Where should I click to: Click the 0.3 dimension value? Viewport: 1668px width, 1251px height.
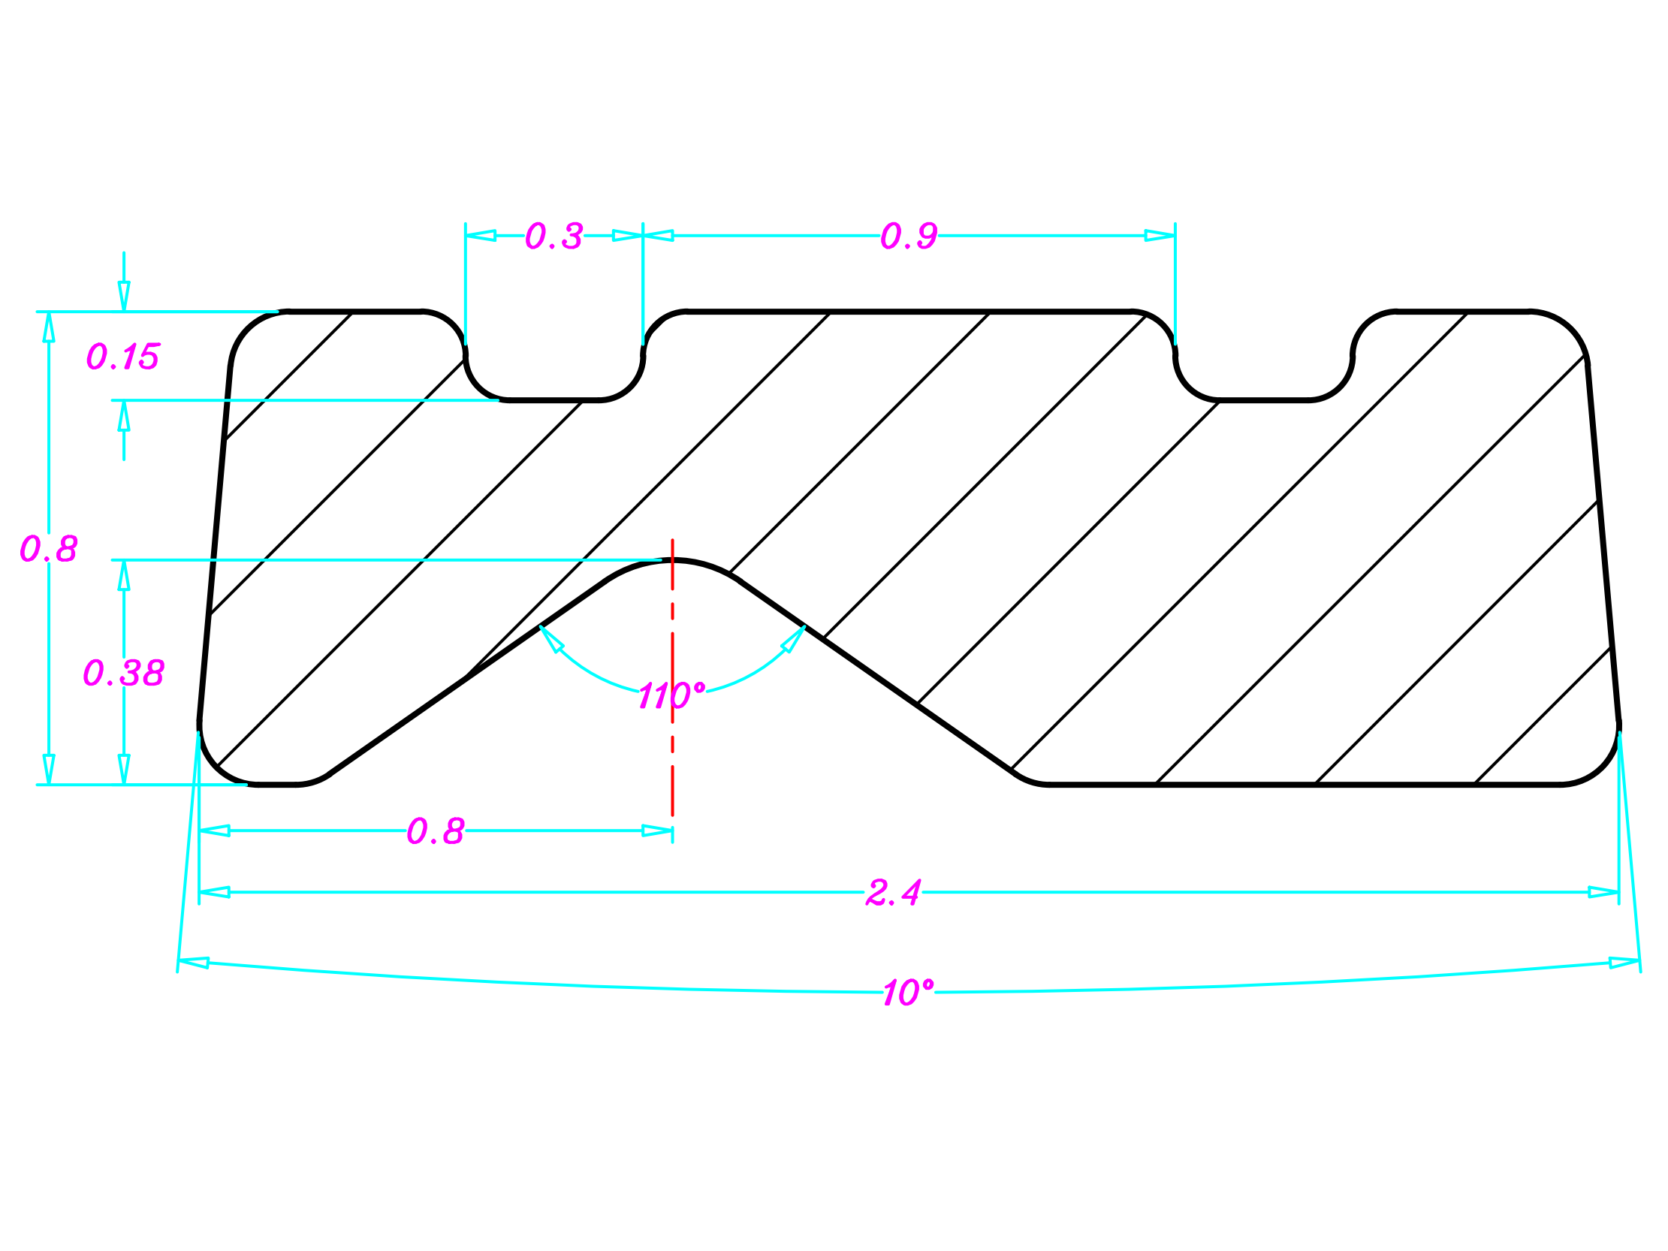[x=553, y=236]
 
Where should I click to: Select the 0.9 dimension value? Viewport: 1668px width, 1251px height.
[x=909, y=236]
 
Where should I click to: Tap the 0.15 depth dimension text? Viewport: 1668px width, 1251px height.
[x=123, y=356]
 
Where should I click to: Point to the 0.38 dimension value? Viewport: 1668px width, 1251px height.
[x=123, y=673]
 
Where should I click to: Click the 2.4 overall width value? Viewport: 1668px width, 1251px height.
[x=893, y=893]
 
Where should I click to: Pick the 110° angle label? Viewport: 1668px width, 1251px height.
[x=671, y=695]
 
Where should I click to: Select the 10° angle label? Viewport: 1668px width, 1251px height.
[x=908, y=993]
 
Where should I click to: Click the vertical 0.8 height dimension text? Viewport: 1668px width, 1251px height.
[x=48, y=548]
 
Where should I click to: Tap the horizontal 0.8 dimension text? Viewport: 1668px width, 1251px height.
[x=435, y=831]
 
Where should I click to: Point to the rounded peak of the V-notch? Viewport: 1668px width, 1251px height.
[x=673, y=560]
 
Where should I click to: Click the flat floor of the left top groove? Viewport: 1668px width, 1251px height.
[x=553, y=399]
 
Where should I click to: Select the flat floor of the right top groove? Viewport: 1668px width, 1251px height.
[x=1263, y=399]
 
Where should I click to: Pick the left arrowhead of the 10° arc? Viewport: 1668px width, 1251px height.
[x=193, y=963]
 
